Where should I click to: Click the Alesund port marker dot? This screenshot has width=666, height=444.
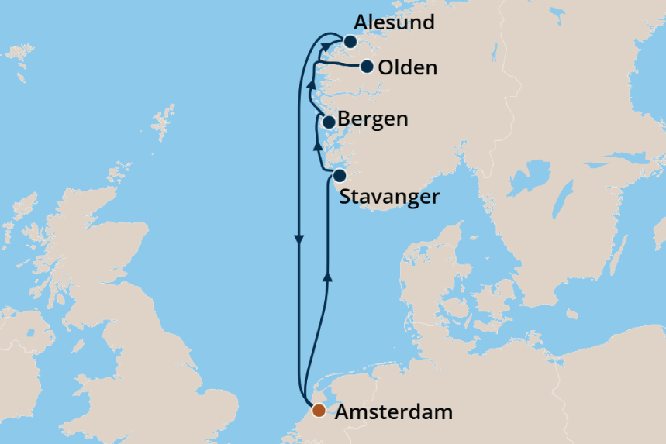pos(350,42)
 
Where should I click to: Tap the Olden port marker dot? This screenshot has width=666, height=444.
pos(368,67)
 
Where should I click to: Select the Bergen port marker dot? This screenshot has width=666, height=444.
pos(329,122)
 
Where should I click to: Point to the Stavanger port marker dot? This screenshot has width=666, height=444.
pos(339,175)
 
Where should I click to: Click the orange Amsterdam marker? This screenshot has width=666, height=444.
pos(319,411)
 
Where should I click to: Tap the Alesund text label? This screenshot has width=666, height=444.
pos(394,23)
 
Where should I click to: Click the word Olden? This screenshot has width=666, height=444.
pos(408,68)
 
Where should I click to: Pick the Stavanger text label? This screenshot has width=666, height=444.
pos(389,197)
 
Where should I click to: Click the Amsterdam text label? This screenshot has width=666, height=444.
pos(393,412)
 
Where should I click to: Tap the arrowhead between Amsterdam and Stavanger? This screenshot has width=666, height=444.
pos(327,276)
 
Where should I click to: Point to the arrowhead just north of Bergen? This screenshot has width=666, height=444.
pos(311,84)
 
